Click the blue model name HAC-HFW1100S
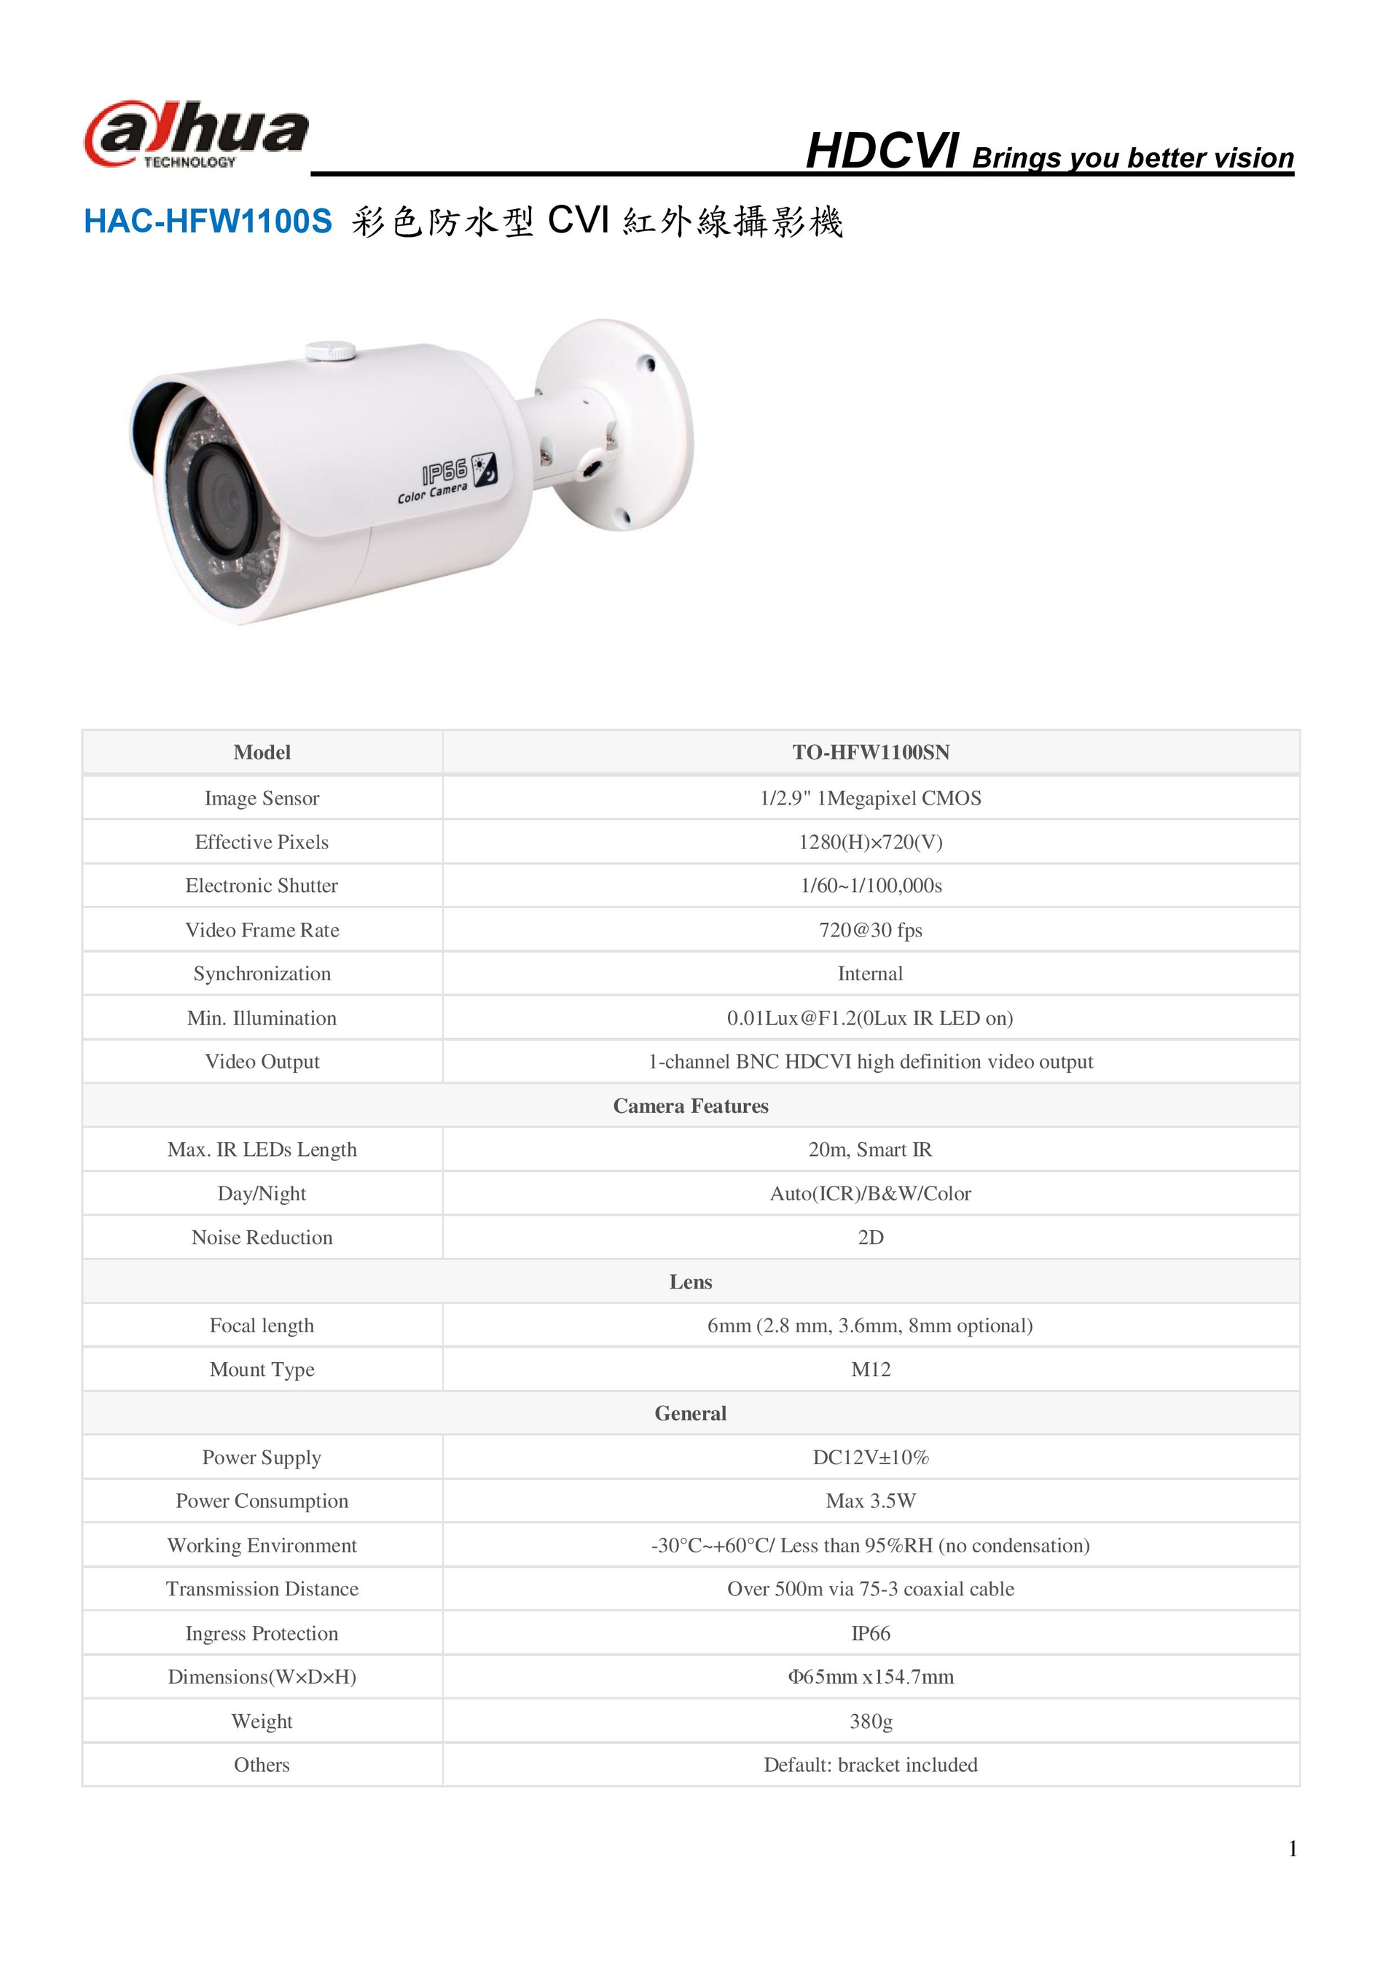pyautogui.click(x=208, y=222)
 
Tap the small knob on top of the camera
pyautogui.click(x=330, y=350)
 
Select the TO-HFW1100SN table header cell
pyautogui.click(x=870, y=752)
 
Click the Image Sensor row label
pyautogui.click(x=262, y=798)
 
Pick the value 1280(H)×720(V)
pyautogui.click(x=870, y=842)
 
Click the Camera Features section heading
pyautogui.click(x=690, y=1106)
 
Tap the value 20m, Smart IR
pyautogui.click(x=870, y=1149)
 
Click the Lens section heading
pyautogui.click(x=690, y=1281)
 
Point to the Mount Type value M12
pyautogui.click(x=870, y=1369)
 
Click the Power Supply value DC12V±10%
pyautogui.click(x=870, y=1457)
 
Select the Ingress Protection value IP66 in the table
pyautogui.click(x=870, y=1633)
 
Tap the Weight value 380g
pyautogui.click(x=870, y=1721)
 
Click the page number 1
pyautogui.click(x=1292, y=1849)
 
